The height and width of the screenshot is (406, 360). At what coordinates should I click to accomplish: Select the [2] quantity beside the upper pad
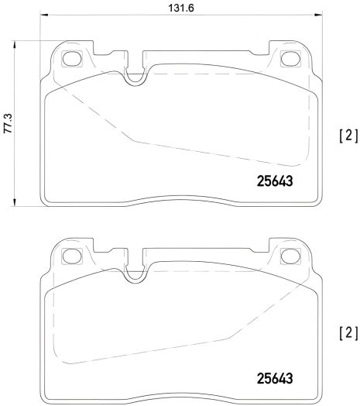(348, 136)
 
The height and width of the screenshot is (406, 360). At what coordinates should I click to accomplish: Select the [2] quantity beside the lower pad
(348, 334)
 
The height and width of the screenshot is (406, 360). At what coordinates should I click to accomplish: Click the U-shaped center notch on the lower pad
(135, 271)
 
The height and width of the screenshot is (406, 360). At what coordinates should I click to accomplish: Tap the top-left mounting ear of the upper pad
(70, 53)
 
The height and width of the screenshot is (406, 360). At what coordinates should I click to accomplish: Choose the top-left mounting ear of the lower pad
(70, 251)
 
